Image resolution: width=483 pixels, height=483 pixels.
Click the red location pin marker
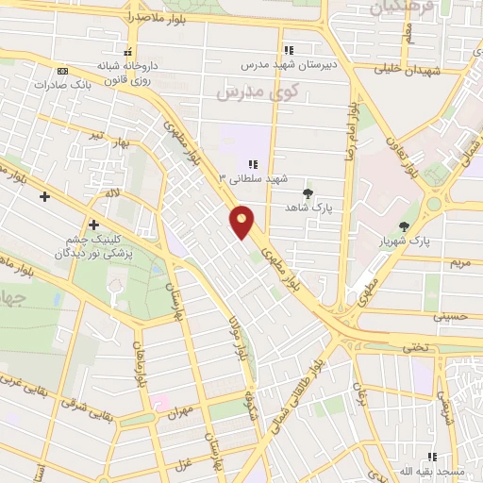pos(242,222)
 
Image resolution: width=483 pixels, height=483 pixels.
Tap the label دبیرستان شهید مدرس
pos(290,64)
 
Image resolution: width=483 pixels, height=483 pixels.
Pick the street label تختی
pos(416,348)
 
